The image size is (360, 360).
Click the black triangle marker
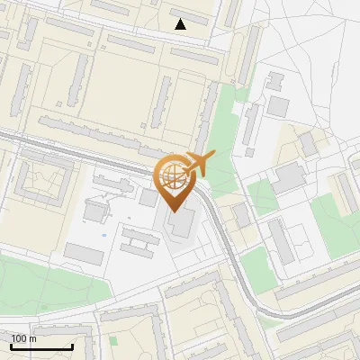(x=181, y=24)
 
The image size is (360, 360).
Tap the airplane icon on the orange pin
(x=197, y=163)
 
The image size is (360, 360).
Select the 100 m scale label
(x=24, y=338)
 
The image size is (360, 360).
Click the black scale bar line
(x=41, y=346)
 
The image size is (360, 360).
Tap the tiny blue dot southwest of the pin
(x=104, y=236)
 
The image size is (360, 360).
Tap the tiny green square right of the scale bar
(x=112, y=341)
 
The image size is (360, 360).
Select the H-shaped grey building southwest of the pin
(x=139, y=240)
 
